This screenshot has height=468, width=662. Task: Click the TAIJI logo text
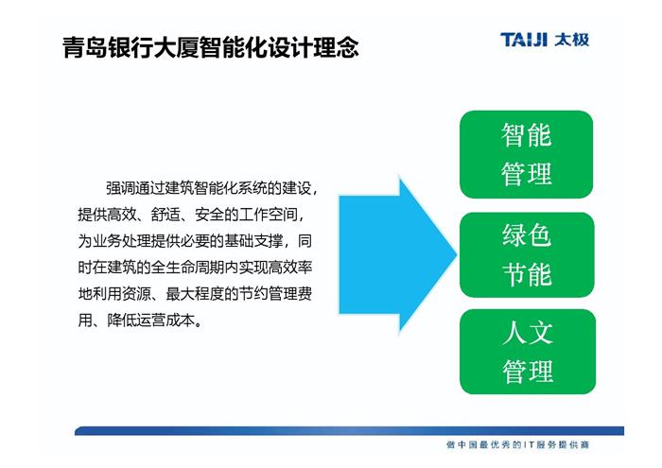pyautogui.click(x=524, y=40)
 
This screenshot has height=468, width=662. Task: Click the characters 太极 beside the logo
pyautogui.click(x=572, y=40)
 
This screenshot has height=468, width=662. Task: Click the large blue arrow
pyautogui.click(x=398, y=255)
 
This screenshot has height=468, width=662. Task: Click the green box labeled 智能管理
pyautogui.click(x=526, y=154)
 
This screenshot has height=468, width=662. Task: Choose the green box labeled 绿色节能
pyautogui.click(x=527, y=254)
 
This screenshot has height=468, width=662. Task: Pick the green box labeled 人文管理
pyautogui.click(x=528, y=352)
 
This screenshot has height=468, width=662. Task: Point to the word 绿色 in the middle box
pyautogui.click(x=527, y=235)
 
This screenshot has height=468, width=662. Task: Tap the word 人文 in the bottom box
pyautogui.click(x=528, y=332)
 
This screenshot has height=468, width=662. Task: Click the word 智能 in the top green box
pyautogui.click(x=526, y=135)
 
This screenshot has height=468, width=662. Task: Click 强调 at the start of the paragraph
pyautogui.click(x=120, y=188)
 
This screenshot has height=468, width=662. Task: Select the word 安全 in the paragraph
pyautogui.click(x=209, y=215)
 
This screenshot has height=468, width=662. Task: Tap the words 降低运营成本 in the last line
pyautogui.click(x=150, y=321)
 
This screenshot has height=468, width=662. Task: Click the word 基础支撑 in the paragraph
pyautogui.click(x=253, y=241)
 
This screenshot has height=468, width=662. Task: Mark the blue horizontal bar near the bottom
pyautogui.click(x=349, y=431)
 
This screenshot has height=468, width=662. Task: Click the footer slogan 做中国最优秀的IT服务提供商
pyautogui.click(x=517, y=444)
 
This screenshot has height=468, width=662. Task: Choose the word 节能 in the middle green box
pyautogui.click(x=527, y=274)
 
